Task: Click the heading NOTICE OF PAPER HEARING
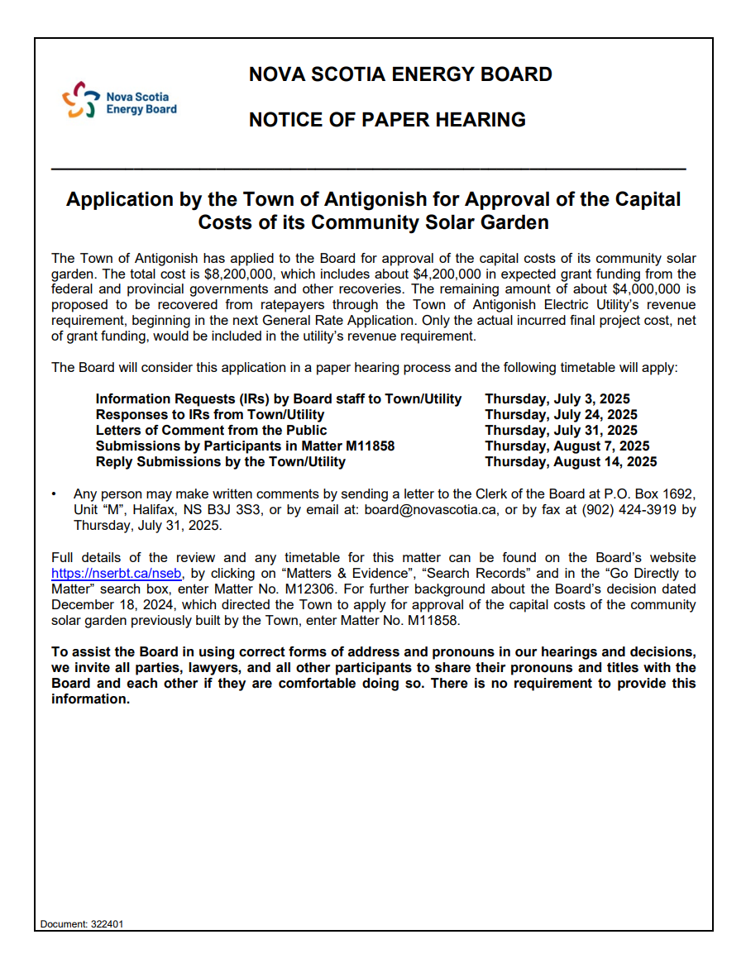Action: click(x=387, y=120)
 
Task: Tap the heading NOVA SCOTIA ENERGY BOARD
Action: click(x=400, y=74)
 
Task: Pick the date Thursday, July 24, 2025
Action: click(x=561, y=415)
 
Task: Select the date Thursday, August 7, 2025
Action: click(x=567, y=446)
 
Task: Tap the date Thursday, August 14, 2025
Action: click(x=571, y=462)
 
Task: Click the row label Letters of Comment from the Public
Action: click(x=211, y=431)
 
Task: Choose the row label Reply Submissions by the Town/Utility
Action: click(x=220, y=462)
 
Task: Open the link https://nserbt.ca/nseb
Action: click(x=116, y=573)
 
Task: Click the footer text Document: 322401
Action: click(x=82, y=924)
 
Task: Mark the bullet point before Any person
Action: click(x=54, y=494)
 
